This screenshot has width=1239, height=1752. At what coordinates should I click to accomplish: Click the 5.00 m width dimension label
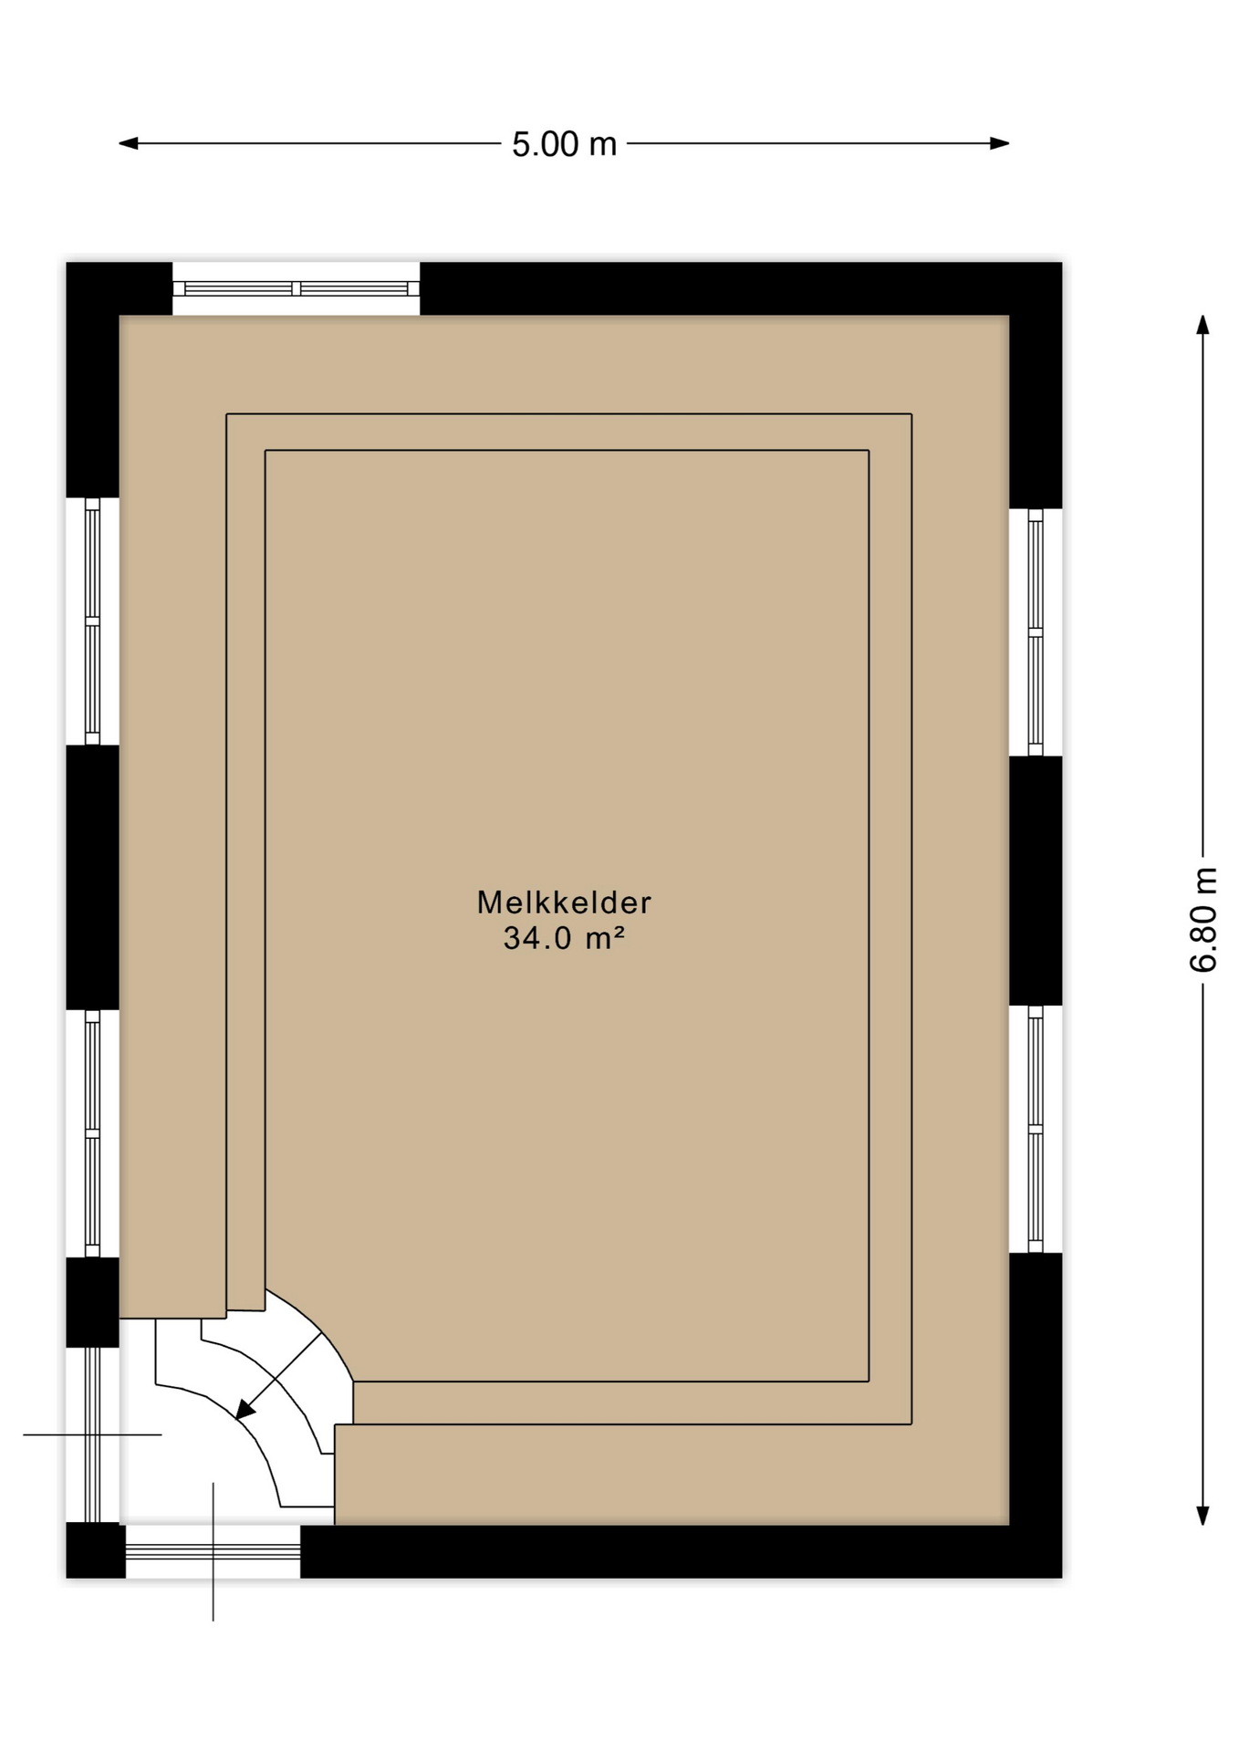click(564, 144)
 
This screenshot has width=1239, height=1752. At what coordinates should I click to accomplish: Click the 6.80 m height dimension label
click(1203, 920)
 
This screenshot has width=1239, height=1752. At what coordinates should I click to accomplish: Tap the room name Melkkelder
click(564, 902)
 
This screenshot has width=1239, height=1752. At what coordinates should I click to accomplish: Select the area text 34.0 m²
click(564, 938)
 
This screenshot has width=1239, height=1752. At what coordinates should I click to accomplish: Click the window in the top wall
click(296, 288)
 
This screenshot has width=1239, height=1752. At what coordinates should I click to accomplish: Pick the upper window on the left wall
click(92, 620)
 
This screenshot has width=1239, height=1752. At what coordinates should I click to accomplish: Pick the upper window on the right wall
click(1036, 631)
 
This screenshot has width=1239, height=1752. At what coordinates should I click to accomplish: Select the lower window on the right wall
click(1036, 1129)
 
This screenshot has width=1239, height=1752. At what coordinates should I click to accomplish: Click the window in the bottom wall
click(213, 1551)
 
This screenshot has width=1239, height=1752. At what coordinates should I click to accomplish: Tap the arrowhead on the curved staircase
click(244, 1411)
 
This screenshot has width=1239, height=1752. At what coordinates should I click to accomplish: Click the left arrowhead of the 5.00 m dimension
click(127, 143)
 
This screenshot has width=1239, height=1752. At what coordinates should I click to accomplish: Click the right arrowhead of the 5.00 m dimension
click(1001, 143)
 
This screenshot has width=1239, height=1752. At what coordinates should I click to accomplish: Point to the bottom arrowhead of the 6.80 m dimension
click(1203, 1516)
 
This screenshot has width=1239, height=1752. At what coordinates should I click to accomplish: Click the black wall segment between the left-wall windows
click(92, 877)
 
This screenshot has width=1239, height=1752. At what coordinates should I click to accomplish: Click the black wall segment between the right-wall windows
click(1036, 881)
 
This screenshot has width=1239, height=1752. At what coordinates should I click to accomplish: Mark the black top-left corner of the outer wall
click(92, 288)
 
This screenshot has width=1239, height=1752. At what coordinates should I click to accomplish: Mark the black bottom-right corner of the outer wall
click(1036, 1551)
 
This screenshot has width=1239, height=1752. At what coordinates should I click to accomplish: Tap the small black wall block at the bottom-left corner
click(95, 1551)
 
